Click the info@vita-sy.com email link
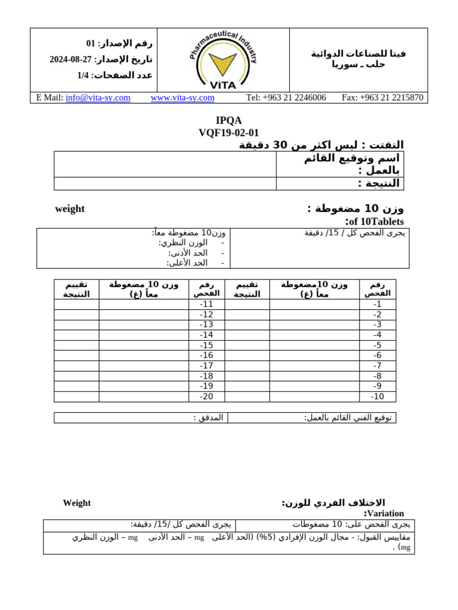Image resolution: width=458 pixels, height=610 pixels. click(x=98, y=98)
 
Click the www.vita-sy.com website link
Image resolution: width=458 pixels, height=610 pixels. click(x=182, y=98)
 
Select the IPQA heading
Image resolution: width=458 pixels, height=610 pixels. click(x=228, y=120)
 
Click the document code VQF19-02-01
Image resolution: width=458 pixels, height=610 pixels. click(x=228, y=132)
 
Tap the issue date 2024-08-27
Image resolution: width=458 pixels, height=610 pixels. click(x=71, y=59)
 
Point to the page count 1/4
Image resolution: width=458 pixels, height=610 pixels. click(x=83, y=75)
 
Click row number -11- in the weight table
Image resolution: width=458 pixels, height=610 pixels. click(x=206, y=304)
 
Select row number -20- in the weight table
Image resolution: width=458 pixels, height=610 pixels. click(x=206, y=397)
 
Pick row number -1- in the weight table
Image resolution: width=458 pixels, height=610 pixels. click(x=377, y=304)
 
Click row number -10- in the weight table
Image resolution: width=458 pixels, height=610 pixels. click(x=377, y=397)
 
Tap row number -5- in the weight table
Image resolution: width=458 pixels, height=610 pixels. click(x=377, y=346)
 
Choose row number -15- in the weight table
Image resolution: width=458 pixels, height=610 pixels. click(x=206, y=346)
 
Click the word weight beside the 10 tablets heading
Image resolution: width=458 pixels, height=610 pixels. click(x=70, y=209)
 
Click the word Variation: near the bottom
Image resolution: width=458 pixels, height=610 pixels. click(x=384, y=513)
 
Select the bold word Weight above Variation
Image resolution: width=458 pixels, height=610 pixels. click(x=77, y=503)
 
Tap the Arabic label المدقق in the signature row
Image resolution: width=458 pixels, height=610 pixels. click(x=208, y=418)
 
